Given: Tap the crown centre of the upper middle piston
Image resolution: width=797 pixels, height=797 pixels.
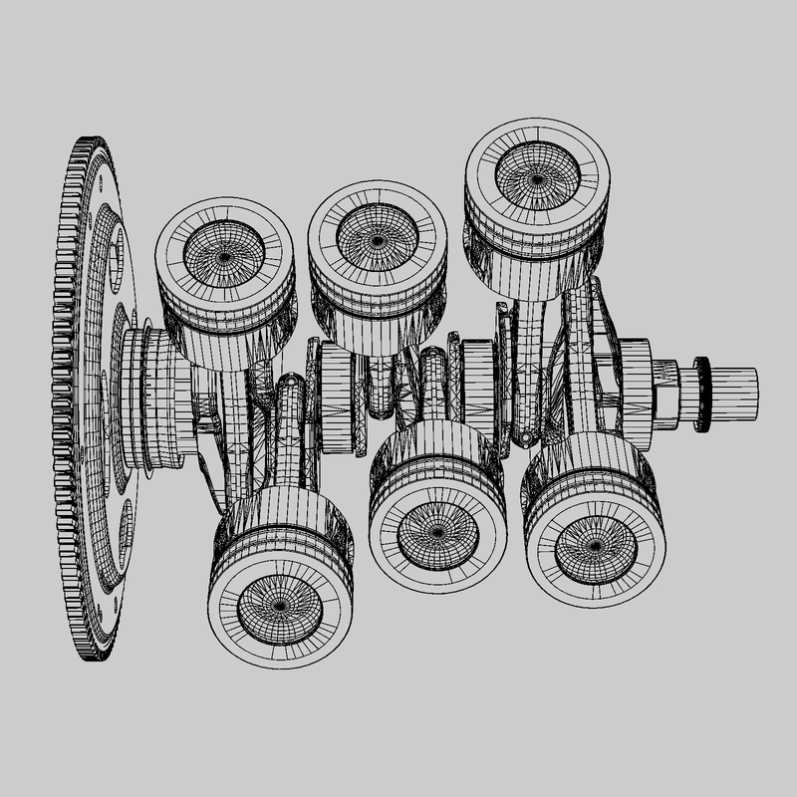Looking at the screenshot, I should point(376,240).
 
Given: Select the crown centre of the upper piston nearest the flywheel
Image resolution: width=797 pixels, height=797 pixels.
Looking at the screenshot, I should point(225,256).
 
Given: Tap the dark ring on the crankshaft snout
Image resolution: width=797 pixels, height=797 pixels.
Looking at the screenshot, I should point(703,395).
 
